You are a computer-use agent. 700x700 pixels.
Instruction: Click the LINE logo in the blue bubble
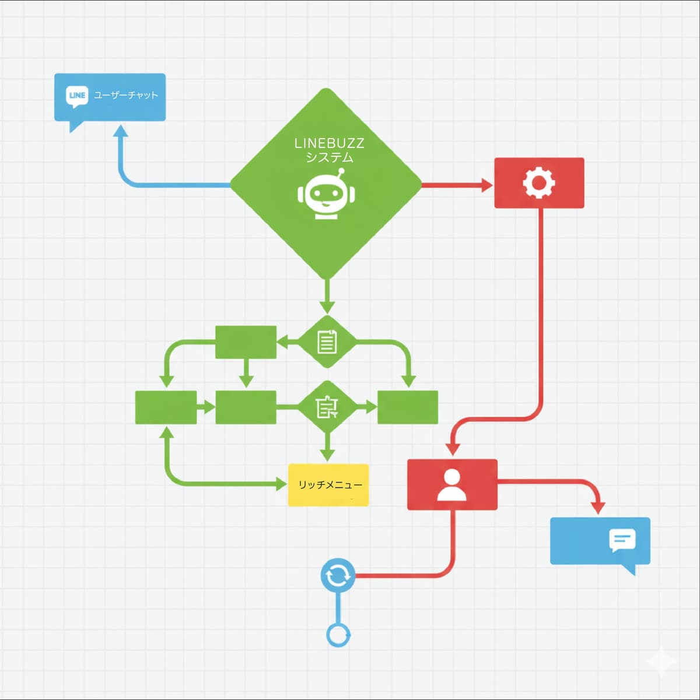pos(77,96)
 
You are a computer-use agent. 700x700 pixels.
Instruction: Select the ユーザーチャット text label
pos(126,95)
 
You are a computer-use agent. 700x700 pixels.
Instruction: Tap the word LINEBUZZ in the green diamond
pos(329,143)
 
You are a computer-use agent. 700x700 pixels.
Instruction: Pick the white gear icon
pos(538,183)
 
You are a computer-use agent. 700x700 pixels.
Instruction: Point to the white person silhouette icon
pos(452,485)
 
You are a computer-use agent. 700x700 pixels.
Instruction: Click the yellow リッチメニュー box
pos(328,485)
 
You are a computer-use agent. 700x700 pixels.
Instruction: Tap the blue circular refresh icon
pos(338,575)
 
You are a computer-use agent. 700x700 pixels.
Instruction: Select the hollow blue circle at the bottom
pos(338,635)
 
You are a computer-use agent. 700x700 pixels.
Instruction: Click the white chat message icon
pos(622,540)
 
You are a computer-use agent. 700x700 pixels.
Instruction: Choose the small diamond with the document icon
pos(327,342)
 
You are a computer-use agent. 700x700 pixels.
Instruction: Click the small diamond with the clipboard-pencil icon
pos(327,407)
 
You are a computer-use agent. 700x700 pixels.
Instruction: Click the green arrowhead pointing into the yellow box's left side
pos(282,484)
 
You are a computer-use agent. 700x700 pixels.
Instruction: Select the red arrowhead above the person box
pos(453,449)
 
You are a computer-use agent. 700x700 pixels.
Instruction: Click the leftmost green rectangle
pos(166,407)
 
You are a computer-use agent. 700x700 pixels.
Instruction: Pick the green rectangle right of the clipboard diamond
pos(408,407)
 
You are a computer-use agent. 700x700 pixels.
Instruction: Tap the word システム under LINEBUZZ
pos(330,157)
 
